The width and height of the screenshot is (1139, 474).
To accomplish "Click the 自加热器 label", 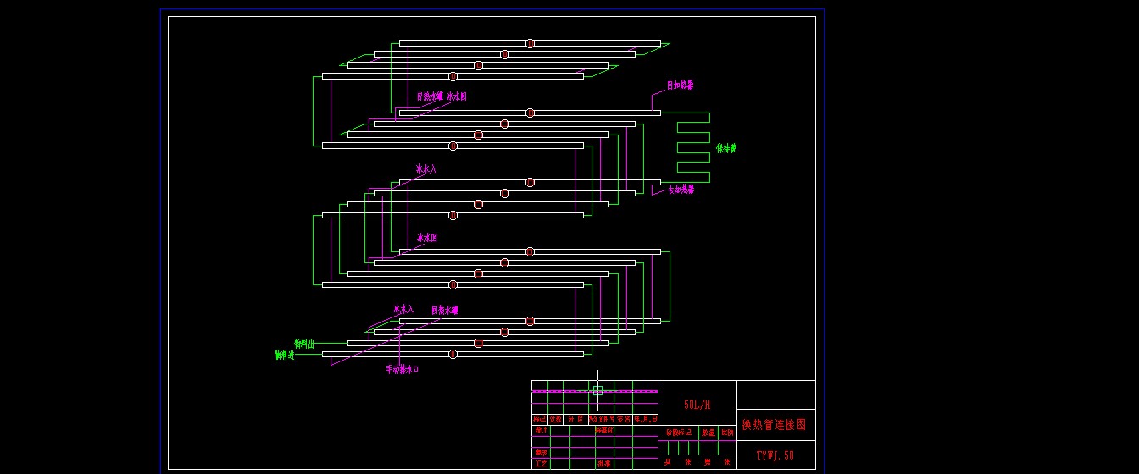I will coord(680,85).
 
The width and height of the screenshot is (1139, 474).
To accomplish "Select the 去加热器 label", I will coord(681,190).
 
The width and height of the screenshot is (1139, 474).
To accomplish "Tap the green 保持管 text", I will coord(726,148).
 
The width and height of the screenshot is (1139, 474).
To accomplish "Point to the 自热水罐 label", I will coord(429,96).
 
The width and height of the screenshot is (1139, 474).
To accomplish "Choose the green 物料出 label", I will coord(304,344).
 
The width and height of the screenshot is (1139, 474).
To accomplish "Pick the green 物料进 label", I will coord(284,355).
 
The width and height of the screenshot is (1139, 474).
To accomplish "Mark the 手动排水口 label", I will coord(403,369).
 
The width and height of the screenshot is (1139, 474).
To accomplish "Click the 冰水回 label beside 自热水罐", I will coord(457,96).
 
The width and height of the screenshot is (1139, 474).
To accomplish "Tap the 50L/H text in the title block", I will coord(697,405).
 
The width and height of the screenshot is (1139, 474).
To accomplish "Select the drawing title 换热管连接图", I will coord(775,424).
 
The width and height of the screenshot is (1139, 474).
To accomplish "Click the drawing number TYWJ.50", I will coord(775,455).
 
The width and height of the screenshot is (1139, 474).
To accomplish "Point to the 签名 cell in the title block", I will coord(624,419).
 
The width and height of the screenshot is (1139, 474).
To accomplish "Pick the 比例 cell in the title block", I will coord(727,432).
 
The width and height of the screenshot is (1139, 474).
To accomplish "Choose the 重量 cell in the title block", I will coord(708,432).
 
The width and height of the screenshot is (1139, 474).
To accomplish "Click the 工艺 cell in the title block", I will coord(540,463).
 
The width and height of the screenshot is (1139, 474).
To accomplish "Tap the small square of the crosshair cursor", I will coord(597,390).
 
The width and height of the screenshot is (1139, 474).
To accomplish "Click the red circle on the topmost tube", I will coord(530,43).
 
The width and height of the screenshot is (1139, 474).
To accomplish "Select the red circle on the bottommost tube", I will coord(453,354).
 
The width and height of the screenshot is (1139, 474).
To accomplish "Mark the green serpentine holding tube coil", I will coord(694,147).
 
